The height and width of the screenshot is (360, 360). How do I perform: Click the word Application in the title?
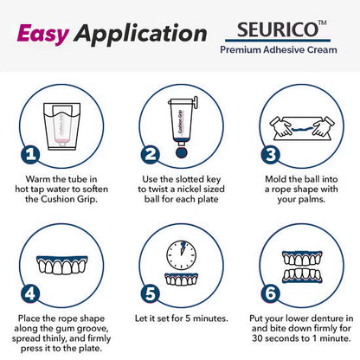139,35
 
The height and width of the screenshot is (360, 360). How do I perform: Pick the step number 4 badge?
30,292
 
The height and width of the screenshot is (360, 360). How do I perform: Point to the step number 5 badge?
149,292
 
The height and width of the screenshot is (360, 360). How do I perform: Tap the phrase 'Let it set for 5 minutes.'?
180,318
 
